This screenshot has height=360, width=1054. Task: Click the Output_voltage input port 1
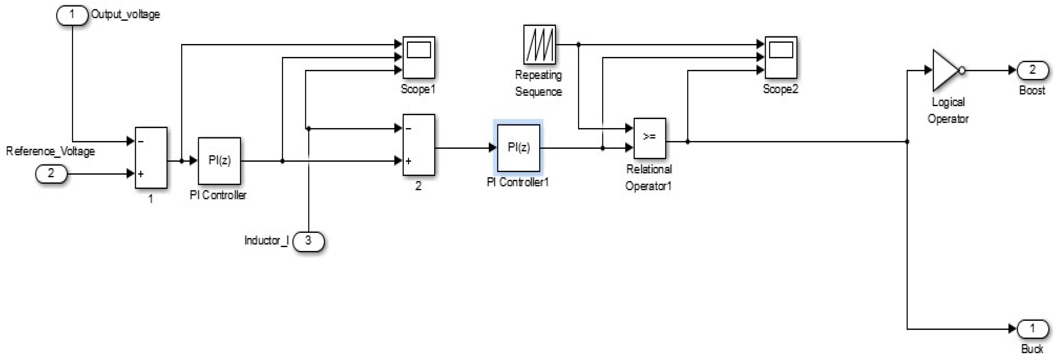(x=72, y=15)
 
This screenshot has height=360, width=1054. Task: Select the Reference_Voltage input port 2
(x=51, y=174)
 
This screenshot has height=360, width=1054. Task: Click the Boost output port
(x=1032, y=71)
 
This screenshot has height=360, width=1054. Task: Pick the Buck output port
(x=1032, y=329)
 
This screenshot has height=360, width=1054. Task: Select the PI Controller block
(x=219, y=161)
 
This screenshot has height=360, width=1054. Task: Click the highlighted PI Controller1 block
(x=519, y=148)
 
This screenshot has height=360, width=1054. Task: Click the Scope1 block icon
(x=419, y=57)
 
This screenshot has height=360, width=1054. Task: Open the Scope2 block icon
(x=781, y=57)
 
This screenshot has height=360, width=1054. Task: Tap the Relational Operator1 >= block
(x=649, y=138)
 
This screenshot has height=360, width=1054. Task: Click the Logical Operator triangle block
(x=944, y=71)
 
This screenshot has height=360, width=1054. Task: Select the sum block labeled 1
(x=151, y=157)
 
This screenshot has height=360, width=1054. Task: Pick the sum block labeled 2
(x=419, y=145)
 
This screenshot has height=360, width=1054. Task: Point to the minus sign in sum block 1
(x=141, y=142)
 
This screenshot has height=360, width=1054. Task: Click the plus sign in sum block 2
(x=408, y=161)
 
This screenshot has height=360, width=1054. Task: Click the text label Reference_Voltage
(x=50, y=151)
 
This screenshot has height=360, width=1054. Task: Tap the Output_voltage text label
(x=125, y=15)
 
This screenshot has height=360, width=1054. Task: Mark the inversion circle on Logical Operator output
(x=962, y=71)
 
